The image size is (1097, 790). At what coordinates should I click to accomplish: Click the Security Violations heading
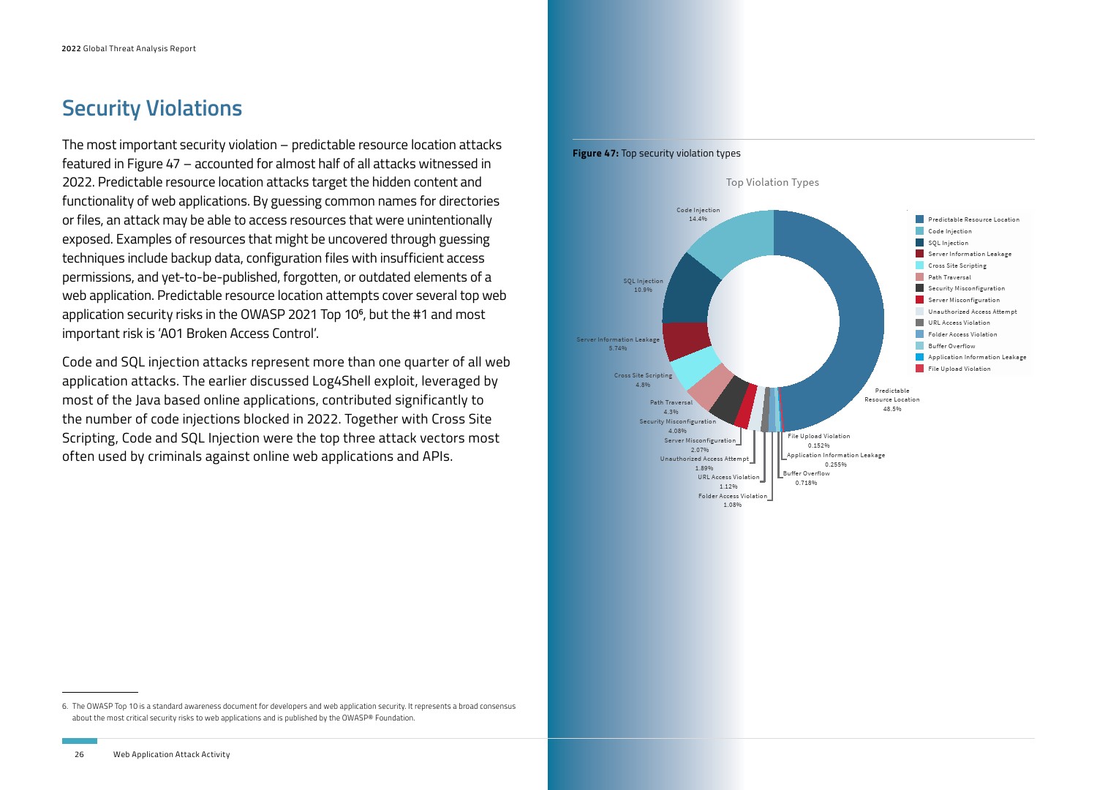152,108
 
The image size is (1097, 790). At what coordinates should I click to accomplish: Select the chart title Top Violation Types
772,182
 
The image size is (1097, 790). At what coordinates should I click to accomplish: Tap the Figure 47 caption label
595,154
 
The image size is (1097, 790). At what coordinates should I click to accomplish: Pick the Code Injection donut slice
735,238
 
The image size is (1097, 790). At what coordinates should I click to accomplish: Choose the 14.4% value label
698,219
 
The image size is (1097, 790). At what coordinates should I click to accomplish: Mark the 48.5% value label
892,409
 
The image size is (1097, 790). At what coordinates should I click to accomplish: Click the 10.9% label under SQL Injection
643,290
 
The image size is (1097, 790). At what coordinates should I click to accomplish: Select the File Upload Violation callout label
819,436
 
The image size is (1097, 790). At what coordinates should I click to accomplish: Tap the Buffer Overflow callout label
807,473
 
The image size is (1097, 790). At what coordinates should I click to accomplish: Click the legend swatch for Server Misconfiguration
920,300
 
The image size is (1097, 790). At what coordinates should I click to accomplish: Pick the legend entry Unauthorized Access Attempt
972,312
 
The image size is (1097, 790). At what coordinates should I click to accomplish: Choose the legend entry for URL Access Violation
959,323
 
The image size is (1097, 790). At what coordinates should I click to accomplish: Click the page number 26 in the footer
79,754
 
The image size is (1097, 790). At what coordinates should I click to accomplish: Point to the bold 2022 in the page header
71,49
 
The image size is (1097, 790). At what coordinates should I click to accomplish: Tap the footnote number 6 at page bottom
64,707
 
